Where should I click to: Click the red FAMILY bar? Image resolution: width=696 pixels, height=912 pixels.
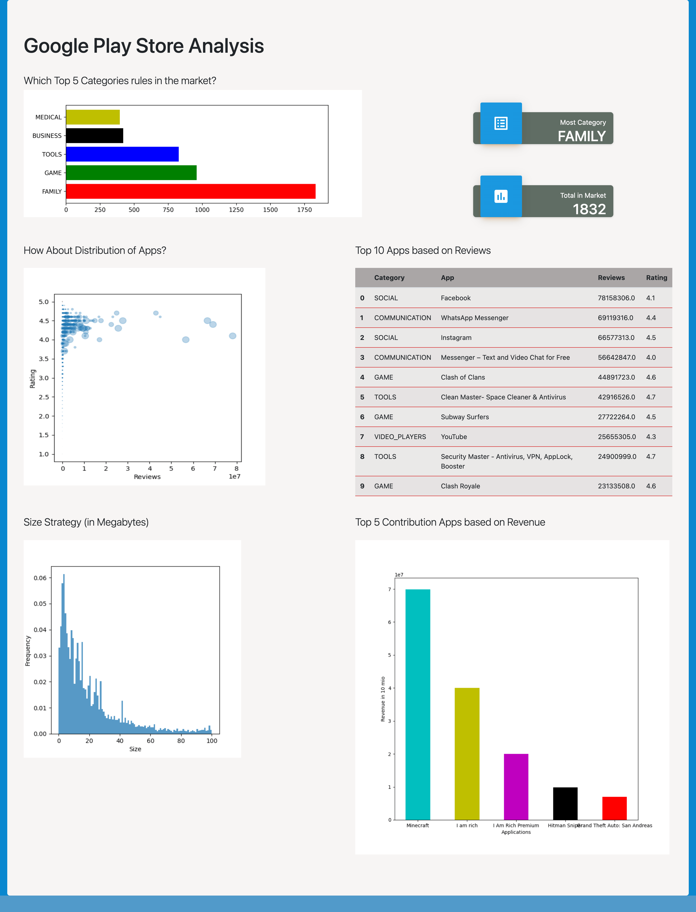191,191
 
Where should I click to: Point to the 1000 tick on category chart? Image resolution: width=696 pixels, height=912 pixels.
202,210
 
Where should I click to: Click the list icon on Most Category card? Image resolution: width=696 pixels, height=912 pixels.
501,123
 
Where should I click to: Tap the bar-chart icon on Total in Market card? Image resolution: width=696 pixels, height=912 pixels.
501,196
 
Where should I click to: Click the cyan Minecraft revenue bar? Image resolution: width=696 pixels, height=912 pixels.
418,705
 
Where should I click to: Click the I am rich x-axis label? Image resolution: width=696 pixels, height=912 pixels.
467,825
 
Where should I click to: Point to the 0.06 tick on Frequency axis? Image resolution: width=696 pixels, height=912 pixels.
40,578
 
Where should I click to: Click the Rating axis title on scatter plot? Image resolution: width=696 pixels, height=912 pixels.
32,378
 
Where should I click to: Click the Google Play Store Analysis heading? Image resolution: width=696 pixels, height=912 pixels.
144,46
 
